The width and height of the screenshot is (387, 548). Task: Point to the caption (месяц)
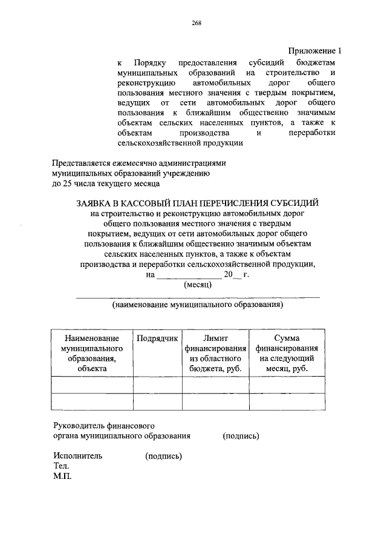click(x=197, y=285)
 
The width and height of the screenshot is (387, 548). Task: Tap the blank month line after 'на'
click(x=184, y=276)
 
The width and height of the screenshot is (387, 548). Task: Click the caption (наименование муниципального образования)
click(x=198, y=306)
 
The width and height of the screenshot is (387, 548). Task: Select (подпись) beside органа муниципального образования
click(x=241, y=435)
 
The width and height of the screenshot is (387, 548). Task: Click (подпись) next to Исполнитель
click(x=164, y=456)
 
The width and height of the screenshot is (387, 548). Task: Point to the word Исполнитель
click(x=77, y=456)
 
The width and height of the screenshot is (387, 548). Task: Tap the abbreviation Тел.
click(x=61, y=466)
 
